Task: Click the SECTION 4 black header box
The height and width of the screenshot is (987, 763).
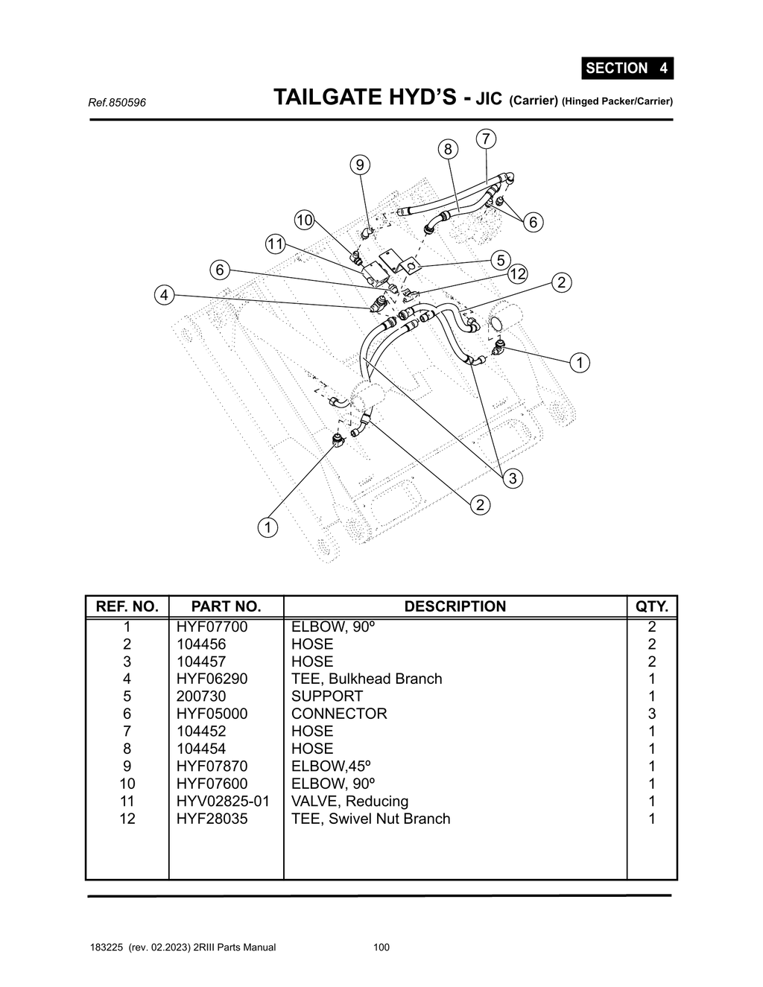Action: pyautogui.click(x=627, y=68)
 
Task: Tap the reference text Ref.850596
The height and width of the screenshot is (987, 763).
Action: pyautogui.click(x=117, y=102)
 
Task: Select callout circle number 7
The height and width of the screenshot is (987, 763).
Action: pyautogui.click(x=486, y=139)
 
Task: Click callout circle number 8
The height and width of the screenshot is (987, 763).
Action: pyautogui.click(x=448, y=149)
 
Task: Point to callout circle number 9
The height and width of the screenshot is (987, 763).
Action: pyautogui.click(x=360, y=165)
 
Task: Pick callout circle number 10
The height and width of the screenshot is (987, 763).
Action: pyautogui.click(x=304, y=220)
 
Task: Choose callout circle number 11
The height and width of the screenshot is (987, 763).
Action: pyautogui.click(x=276, y=244)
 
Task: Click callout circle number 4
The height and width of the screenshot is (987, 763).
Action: pyautogui.click(x=165, y=295)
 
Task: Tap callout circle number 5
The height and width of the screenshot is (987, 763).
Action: pyautogui.click(x=501, y=260)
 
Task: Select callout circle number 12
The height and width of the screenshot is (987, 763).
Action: pyautogui.click(x=517, y=274)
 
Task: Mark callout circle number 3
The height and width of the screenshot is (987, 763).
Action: pyautogui.click(x=512, y=478)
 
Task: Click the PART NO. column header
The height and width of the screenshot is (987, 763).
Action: pyautogui.click(x=226, y=606)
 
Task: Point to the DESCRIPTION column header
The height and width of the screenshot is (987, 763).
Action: pyautogui.click(x=455, y=606)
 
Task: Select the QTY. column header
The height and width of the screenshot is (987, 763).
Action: pyautogui.click(x=651, y=606)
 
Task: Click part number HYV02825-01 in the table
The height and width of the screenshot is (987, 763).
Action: pyautogui.click(x=223, y=801)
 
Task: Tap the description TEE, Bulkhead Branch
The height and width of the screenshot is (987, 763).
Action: pyautogui.click(x=367, y=679)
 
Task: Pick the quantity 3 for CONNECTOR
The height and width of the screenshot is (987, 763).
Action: pyautogui.click(x=652, y=714)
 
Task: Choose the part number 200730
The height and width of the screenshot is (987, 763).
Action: pyautogui.click(x=201, y=696)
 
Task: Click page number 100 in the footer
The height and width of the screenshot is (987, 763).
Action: pyautogui.click(x=381, y=948)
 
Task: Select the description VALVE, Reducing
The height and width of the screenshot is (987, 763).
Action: pyautogui.click(x=349, y=801)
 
